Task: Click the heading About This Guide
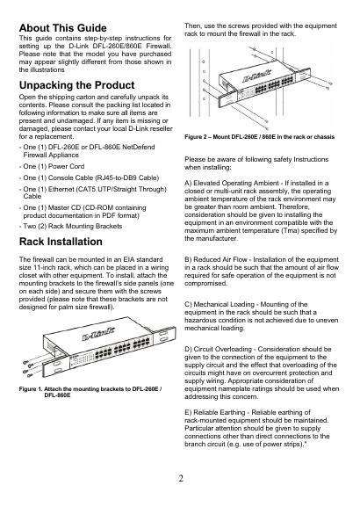pyautogui.click(x=62, y=28)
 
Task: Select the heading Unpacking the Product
pyautogui.click(x=76, y=85)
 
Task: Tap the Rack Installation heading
pyautogui.click(x=61, y=242)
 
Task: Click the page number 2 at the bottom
pyautogui.click(x=181, y=478)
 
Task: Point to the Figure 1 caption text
pyautogui.click(x=90, y=392)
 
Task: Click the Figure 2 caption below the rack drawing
pyautogui.click(x=260, y=137)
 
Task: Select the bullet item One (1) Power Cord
pyautogui.click(x=54, y=167)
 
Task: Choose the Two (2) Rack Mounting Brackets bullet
pyautogui.click(x=72, y=226)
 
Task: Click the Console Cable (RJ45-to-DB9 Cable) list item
pyautogui.click(x=91, y=177)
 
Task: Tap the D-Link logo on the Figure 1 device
pyautogui.click(x=98, y=334)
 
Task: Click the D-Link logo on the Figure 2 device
pyautogui.click(x=257, y=76)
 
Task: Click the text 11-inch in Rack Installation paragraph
pyautogui.click(x=47, y=268)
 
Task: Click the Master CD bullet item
pyautogui.click(x=84, y=212)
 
